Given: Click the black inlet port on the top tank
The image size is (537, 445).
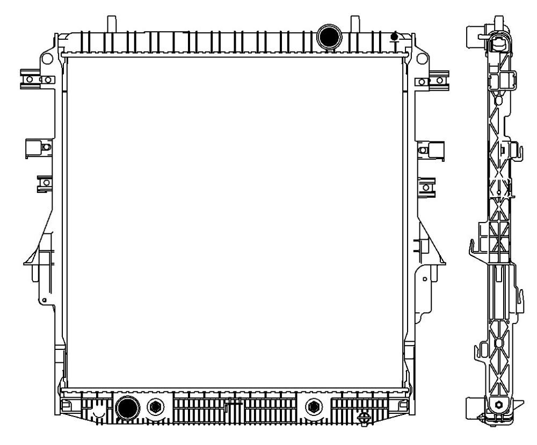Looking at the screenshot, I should [x=328, y=36].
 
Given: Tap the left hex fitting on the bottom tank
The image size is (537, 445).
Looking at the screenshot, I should [x=157, y=407].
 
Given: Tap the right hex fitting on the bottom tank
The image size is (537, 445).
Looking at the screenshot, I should [x=313, y=407].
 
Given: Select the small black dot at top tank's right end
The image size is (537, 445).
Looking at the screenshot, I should [x=394, y=37].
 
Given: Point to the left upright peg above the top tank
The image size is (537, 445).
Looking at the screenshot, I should [x=112, y=24].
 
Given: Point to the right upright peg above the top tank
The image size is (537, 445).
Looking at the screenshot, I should [x=354, y=24].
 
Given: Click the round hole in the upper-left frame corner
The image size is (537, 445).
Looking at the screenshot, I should [x=47, y=56].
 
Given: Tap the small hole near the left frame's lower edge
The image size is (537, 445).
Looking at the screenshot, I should [x=45, y=299].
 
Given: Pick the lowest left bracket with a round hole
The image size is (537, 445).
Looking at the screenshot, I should [x=45, y=184].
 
